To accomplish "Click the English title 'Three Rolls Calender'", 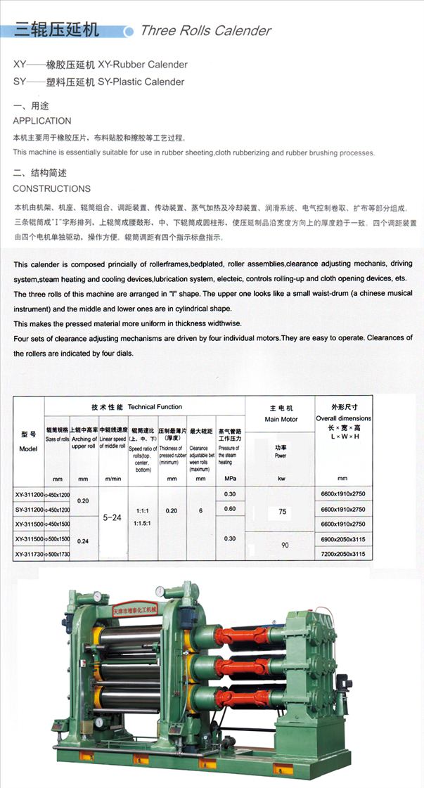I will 205,31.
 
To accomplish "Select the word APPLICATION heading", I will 42,121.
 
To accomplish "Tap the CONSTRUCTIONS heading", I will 51,188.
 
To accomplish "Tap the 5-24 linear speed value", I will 113,517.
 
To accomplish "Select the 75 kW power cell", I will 282,512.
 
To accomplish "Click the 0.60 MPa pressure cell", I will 230,509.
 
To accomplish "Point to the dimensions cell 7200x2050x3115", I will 343,554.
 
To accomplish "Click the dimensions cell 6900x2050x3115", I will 343,538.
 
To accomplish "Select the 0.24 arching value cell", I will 83,541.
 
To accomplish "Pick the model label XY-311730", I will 29,554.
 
